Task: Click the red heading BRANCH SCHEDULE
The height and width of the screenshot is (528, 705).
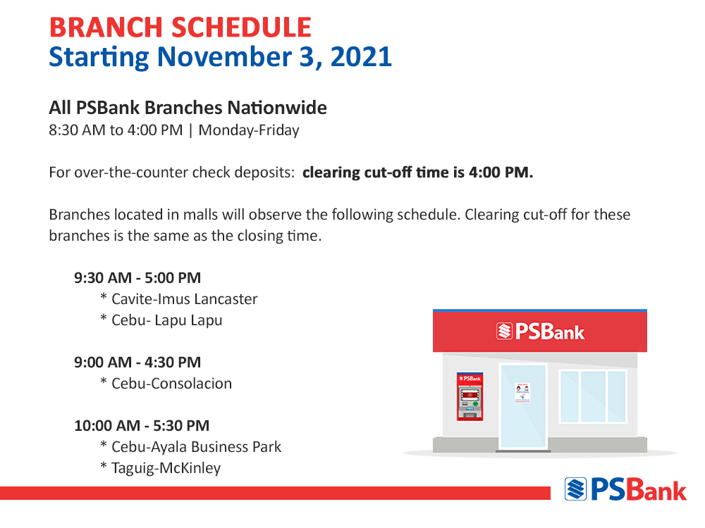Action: pos(180,27)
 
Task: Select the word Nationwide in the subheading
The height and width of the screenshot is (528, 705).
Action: pos(277,108)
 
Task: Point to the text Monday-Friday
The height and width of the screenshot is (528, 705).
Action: pos(249,130)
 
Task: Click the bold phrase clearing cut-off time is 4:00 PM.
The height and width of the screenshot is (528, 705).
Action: pos(417,172)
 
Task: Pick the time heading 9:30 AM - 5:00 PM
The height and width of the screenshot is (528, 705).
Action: pos(137,278)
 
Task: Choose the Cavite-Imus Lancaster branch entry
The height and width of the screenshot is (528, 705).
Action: pos(184,299)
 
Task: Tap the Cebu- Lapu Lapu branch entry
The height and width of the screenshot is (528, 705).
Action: pos(167,320)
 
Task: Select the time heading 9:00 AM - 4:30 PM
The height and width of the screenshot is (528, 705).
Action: pos(137,363)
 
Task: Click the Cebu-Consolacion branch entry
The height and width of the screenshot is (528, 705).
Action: pos(172,384)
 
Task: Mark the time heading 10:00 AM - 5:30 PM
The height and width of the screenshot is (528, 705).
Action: pos(142,426)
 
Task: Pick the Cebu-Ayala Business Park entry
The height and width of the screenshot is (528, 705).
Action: pos(197,447)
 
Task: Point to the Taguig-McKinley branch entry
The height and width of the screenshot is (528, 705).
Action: pos(166,468)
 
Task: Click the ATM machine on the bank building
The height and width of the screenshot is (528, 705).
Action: pos(470,396)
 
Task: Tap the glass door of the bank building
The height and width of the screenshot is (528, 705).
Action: pos(523,406)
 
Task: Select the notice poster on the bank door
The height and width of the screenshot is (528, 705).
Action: pos(522,392)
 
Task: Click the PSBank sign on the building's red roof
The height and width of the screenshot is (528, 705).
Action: pos(541,332)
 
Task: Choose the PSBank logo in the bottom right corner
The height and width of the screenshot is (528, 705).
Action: pos(625,489)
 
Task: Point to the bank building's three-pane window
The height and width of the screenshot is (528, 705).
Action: pos(593,396)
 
